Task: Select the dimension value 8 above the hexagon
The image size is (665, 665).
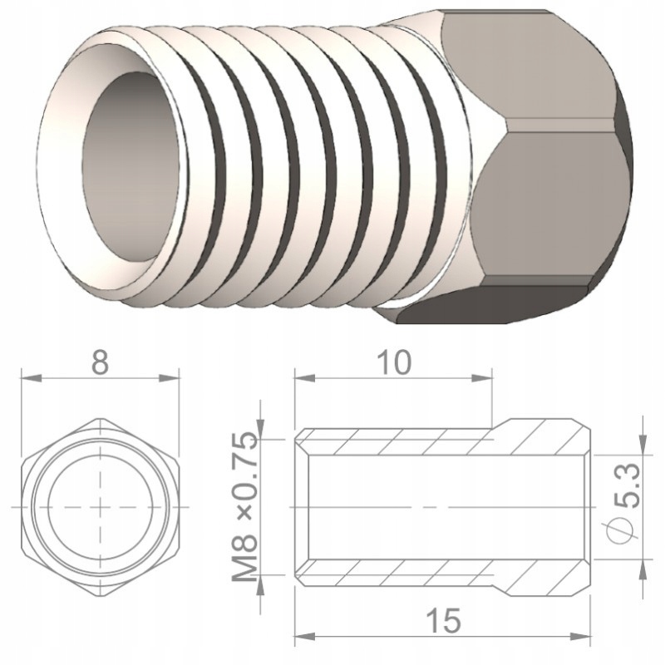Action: pyautogui.click(x=100, y=364)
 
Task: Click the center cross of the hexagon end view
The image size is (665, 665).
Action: pyautogui.click(x=100, y=507)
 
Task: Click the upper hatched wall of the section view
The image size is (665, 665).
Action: pyautogui.click(x=416, y=440)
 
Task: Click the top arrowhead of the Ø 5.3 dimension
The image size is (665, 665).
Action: pyautogui.click(x=644, y=441)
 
